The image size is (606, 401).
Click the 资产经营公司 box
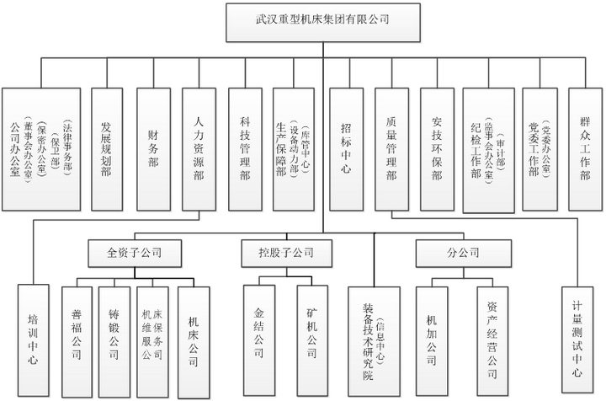click(x=495, y=337)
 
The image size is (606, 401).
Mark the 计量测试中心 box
click(x=578, y=337)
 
